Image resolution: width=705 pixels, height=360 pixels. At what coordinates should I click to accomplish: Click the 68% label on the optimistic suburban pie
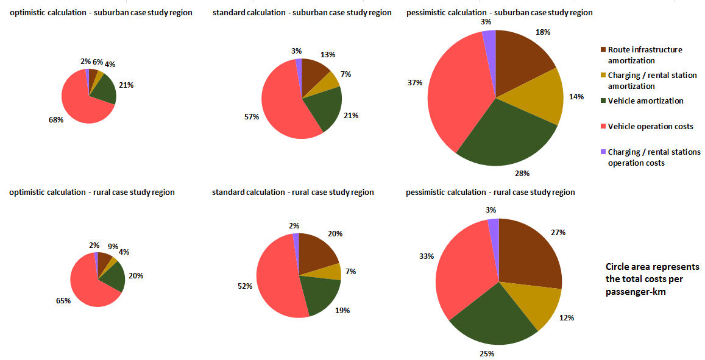pos(56,120)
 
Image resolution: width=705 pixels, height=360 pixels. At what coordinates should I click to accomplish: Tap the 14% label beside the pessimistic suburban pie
pos(576,96)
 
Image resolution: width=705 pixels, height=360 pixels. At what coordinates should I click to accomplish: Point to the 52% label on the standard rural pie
pos(245,286)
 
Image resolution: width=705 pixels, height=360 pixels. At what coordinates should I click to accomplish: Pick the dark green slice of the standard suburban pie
pos(323,110)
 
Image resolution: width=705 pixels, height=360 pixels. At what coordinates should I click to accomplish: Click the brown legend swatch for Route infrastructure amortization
pos(603,49)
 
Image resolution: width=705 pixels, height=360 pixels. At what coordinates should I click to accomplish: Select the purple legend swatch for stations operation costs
pos(603,152)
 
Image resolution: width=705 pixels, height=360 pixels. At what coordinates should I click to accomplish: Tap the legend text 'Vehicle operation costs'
pos(650,127)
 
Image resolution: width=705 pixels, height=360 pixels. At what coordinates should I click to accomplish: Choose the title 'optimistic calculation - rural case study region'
pos(92,192)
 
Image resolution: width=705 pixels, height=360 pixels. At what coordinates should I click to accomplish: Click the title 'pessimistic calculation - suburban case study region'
pos(499,13)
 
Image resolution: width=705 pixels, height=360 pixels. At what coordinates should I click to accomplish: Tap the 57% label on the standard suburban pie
pos(251,116)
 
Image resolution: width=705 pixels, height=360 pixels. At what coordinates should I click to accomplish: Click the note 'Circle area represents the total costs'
pos(652,280)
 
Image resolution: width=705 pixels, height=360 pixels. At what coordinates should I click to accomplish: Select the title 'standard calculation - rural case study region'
pos(293,192)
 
